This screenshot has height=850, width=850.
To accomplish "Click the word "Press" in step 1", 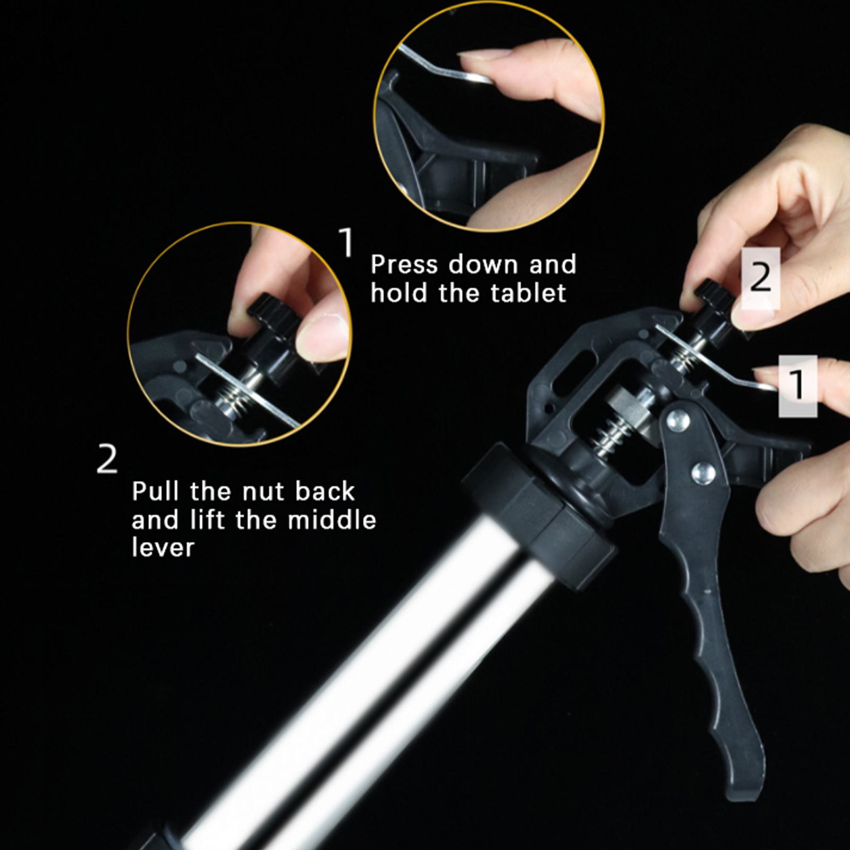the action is [x=405, y=265].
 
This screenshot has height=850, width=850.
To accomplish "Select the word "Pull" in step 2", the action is [x=156, y=491].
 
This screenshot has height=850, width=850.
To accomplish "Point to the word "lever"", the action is [x=163, y=547].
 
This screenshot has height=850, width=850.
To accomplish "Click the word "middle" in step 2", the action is [x=331, y=519].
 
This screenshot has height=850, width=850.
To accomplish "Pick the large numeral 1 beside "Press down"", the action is [x=346, y=242].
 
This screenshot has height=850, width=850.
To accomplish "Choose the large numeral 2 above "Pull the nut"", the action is [x=107, y=459].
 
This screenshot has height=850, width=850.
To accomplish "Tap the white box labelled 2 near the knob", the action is [x=761, y=278].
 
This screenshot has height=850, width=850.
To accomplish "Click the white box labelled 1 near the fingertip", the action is [x=797, y=386].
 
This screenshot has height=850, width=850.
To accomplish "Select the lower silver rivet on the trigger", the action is [x=702, y=472].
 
